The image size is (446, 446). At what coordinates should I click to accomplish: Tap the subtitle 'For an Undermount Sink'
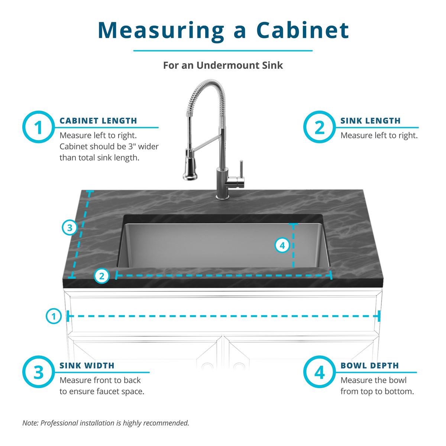pyautogui.click(x=223, y=65)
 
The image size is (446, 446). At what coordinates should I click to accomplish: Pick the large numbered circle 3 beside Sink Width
pyautogui.click(x=39, y=372)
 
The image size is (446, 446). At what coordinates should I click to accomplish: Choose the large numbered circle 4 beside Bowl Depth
pyautogui.click(x=319, y=372)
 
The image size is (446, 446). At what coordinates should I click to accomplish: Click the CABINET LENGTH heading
pyautogui.click(x=98, y=121)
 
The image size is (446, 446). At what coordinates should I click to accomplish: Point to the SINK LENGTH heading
pyautogui.click(x=370, y=121)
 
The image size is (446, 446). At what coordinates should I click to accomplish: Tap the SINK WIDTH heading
pyautogui.click(x=87, y=366)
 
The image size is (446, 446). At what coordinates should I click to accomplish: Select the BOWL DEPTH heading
pyautogui.click(x=369, y=366)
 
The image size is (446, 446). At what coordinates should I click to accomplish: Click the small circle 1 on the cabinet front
pyautogui.click(x=54, y=317)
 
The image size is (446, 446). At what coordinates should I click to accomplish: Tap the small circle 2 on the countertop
pyautogui.click(x=102, y=276)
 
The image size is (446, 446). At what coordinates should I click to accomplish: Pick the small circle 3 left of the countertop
pyautogui.click(x=70, y=227)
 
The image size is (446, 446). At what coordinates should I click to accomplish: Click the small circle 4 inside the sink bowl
pyautogui.click(x=282, y=245)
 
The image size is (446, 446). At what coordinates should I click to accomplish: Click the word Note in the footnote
pyautogui.click(x=30, y=423)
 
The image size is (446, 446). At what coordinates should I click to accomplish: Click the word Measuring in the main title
pyautogui.click(x=161, y=30)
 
